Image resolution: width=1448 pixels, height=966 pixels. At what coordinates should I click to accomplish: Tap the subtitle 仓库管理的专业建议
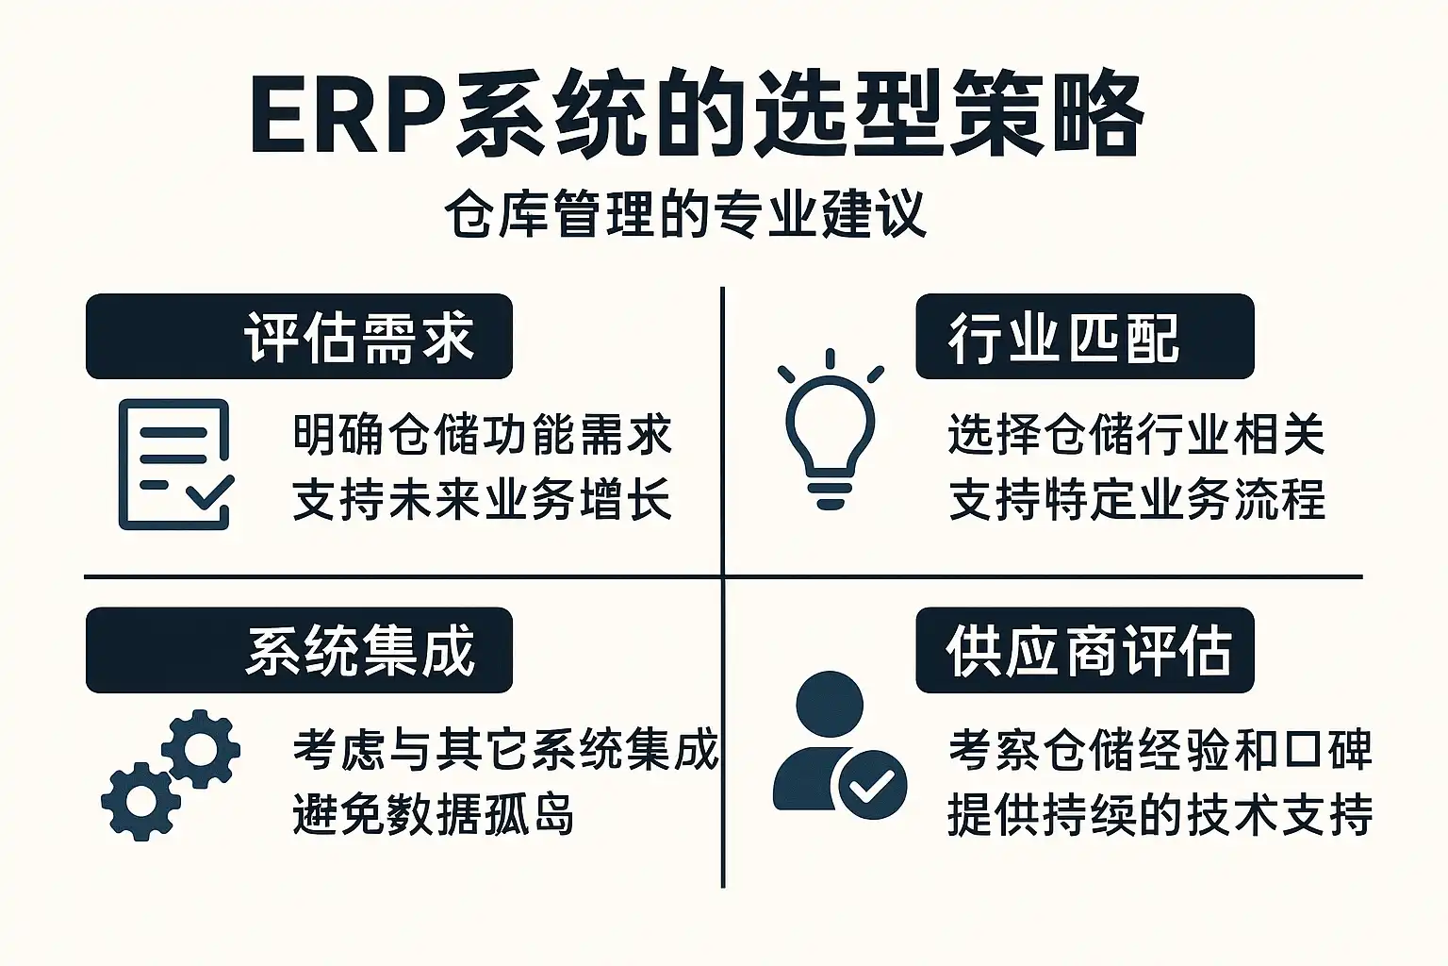[x=686, y=213]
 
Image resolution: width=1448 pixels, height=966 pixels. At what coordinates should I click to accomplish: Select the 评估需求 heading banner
[x=299, y=337]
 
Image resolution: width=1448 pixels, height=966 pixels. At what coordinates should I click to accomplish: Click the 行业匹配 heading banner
[x=1085, y=337]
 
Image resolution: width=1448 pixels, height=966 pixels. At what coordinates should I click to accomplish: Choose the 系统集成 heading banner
[x=299, y=650]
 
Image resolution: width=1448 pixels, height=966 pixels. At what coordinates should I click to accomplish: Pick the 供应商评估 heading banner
[x=1085, y=650]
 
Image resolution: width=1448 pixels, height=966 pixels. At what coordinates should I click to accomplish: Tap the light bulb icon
[x=831, y=429]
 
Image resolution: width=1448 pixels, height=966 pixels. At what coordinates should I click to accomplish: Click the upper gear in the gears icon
[x=201, y=749]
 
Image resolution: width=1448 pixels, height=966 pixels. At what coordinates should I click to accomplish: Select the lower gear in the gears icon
[x=140, y=802]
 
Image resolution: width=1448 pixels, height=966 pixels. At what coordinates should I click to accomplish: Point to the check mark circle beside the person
[x=872, y=785]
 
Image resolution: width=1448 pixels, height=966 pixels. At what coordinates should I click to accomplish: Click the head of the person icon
[x=830, y=705]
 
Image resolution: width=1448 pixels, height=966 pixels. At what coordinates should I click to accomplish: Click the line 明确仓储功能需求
[x=483, y=434]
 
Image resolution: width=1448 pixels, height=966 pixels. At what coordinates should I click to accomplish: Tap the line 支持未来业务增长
[x=483, y=499]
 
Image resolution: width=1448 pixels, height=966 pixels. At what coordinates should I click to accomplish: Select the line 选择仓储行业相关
[x=1137, y=434]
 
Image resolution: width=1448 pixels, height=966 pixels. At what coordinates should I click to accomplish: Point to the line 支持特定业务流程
[x=1137, y=499]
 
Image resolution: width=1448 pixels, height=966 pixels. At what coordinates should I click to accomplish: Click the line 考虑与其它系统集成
[x=506, y=749]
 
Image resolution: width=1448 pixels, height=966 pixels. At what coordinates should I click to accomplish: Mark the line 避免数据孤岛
[x=434, y=814]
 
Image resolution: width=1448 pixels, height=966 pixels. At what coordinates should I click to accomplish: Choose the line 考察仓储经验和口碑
[x=1160, y=749]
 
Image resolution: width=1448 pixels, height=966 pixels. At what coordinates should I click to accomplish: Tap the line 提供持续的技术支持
[x=1160, y=814]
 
